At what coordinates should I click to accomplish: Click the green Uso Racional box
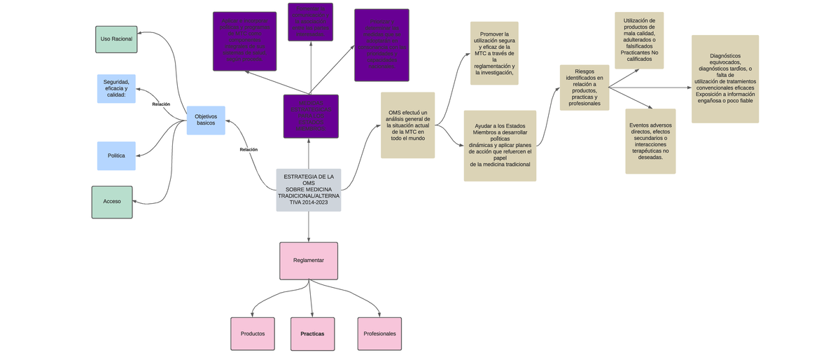pyautogui.click(x=117, y=39)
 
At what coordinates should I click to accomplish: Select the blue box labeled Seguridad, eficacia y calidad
pyautogui.click(x=116, y=89)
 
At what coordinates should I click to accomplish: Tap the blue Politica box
pyautogui.click(x=116, y=155)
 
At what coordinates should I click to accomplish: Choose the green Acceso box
pyautogui.click(x=112, y=202)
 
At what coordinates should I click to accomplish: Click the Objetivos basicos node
pyautogui.click(x=206, y=120)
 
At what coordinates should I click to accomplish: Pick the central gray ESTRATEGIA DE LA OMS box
pyautogui.click(x=309, y=190)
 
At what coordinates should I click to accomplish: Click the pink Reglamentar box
pyautogui.click(x=309, y=261)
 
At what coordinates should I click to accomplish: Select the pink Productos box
pyautogui.click(x=253, y=334)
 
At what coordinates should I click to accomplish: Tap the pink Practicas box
pyautogui.click(x=312, y=334)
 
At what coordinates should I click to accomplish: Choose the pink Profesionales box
pyautogui.click(x=379, y=334)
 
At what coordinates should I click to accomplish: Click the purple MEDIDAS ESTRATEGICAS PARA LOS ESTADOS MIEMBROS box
pyautogui.click(x=311, y=116)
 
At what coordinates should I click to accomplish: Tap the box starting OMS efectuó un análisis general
pyautogui.click(x=407, y=125)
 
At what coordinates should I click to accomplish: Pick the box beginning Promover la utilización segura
pyautogui.click(x=494, y=53)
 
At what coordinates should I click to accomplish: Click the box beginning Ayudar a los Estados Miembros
pyautogui.click(x=500, y=146)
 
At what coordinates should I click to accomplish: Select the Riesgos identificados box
pyautogui.click(x=584, y=88)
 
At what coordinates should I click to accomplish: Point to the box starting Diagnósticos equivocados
pyautogui.click(x=724, y=79)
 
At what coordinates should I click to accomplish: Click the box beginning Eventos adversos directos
pyautogui.click(x=650, y=141)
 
